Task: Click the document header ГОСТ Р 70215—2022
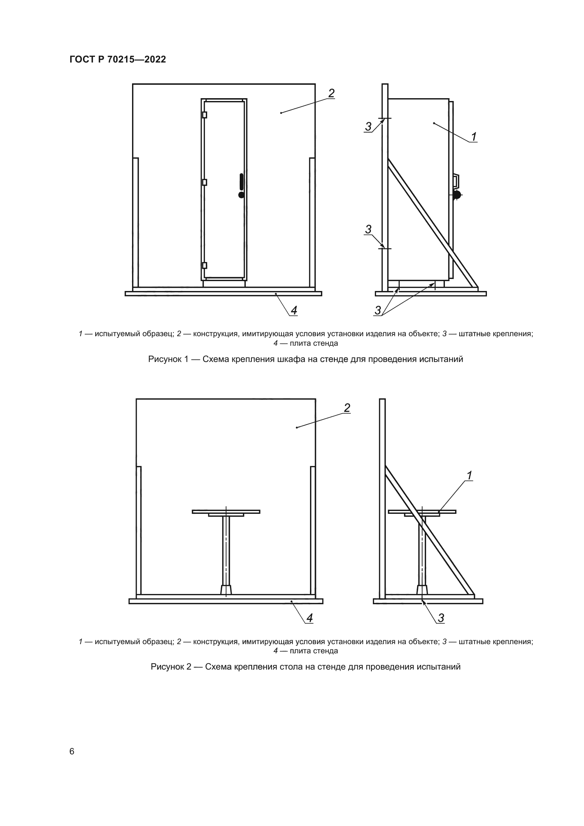pyautogui.click(x=118, y=59)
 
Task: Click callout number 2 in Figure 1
pyautogui.click(x=331, y=93)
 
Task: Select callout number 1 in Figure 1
pyautogui.click(x=474, y=137)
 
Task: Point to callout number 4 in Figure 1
pyautogui.click(x=294, y=310)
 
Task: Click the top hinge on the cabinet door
pyautogui.click(x=205, y=115)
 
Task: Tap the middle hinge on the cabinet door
pyautogui.click(x=205, y=182)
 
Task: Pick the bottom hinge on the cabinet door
pyautogui.click(x=205, y=266)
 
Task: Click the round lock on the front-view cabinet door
pyautogui.click(x=241, y=195)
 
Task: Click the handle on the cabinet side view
pyautogui.click(x=456, y=181)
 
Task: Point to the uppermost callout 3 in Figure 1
pyautogui.click(x=368, y=127)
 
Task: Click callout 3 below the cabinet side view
pyautogui.click(x=377, y=310)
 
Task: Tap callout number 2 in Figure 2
pyautogui.click(x=347, y=408)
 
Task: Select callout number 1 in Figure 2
pyautogui.click(x=469, y=476)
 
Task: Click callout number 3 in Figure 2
pyautogui.click(x=441, y=618)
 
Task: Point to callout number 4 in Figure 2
pyautogui.click(x=309, y=618)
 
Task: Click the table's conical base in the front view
pyautogui.click(x=226, y=590)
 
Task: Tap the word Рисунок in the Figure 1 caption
pyautogui.click(x=168, y=359)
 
